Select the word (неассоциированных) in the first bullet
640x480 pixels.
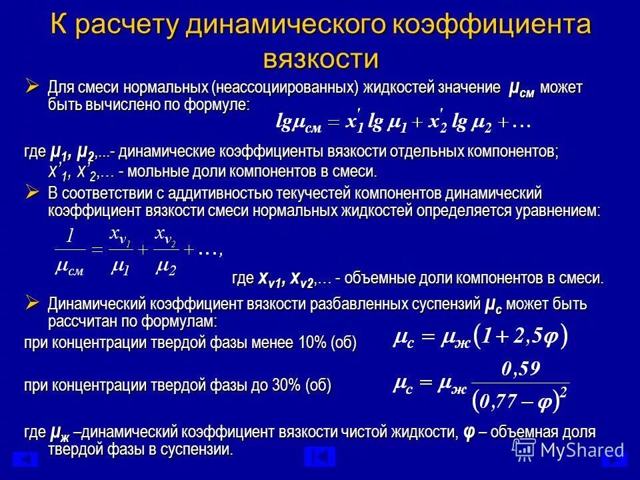pos(283,89)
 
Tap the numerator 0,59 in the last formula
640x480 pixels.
pos(521,367)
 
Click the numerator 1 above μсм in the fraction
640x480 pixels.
pos(69,236)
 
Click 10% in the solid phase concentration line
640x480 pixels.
pos(311,343)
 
